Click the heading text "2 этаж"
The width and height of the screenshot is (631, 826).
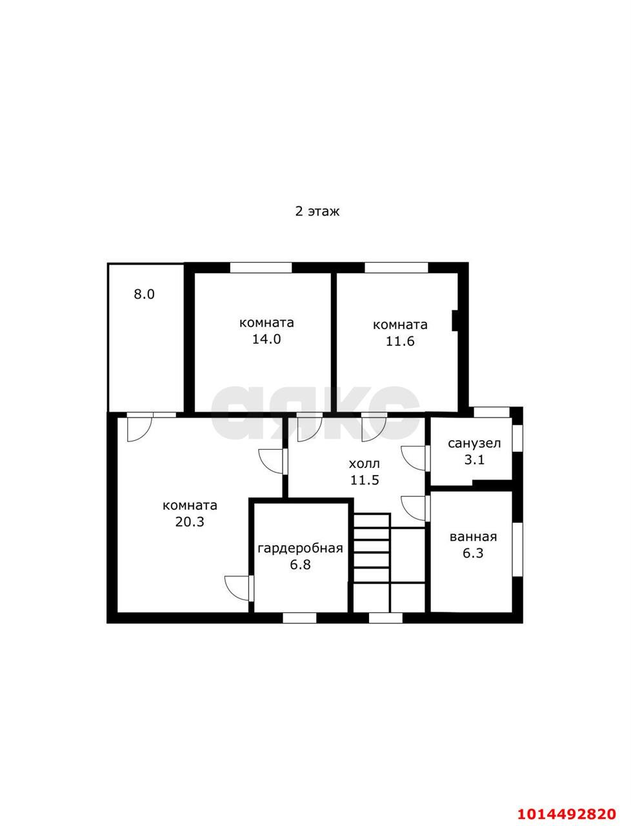coord(317,212)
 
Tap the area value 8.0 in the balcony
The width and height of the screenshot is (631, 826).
coord(144,294)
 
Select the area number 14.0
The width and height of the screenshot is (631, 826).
coord(266,339)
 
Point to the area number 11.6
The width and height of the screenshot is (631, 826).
coord(400,341)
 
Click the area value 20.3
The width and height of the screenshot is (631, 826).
coord(190,521)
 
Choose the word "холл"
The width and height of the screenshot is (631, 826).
coord(365,464)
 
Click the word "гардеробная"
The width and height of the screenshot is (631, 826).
coord(300,549)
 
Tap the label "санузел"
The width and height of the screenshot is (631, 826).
coord(474,444)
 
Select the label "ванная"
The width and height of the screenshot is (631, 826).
coord(474,537)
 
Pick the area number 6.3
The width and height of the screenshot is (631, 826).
coord(473,553)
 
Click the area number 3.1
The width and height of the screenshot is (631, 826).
coord(474,459)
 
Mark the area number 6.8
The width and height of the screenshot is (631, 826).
coord(300,565)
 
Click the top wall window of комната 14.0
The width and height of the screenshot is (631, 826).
coord(261,268)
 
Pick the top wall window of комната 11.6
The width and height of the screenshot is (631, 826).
coord(396,268)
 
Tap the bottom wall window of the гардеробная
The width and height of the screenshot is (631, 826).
coord(299,618)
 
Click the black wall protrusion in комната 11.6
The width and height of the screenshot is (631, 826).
coord(454,321)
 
